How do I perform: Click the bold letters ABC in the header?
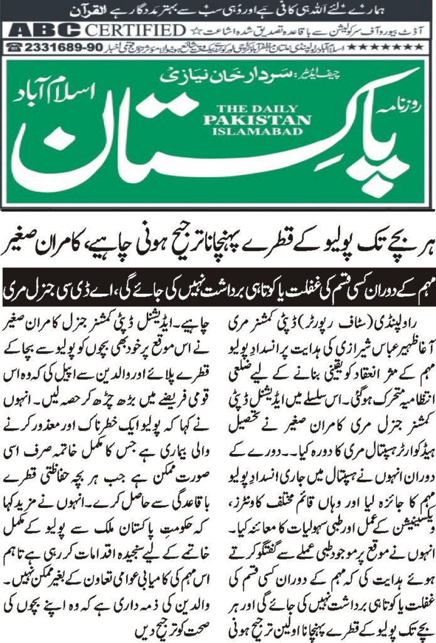(x=40, y=30)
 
